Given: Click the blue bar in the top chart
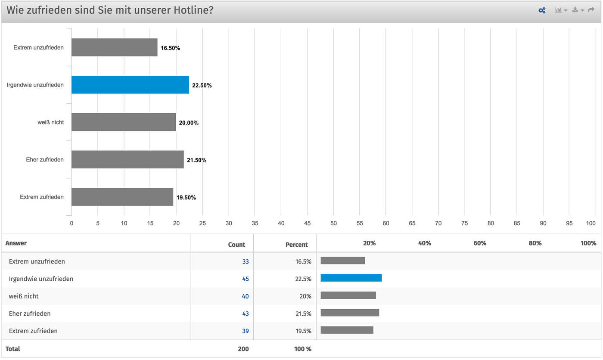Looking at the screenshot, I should coord(130,85).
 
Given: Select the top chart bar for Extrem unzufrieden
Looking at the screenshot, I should coord(114,47).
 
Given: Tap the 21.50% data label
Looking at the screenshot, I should coord(196,160).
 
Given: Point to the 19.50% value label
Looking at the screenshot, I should coord(186,198).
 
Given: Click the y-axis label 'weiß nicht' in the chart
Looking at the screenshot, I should coord(50,122).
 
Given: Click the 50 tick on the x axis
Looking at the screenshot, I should coord(333,223).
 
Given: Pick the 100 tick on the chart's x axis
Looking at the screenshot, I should coord(591,223).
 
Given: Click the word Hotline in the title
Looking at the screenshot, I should coord(190,10).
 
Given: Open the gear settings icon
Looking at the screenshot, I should coord(542,10).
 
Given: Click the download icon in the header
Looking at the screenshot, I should coord(575,10).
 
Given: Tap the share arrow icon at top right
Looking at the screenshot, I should coord(591,10).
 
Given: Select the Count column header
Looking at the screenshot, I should coord(236,245).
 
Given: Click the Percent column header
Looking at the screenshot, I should coord(297,245).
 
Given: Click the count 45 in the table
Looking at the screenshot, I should coord(245,279).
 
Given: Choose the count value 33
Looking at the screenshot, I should coord(245,261).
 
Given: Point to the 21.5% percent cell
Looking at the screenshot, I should coord(303,314).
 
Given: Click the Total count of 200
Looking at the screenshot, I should coord(243,349).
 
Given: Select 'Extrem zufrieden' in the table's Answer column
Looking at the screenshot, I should coord(33,331).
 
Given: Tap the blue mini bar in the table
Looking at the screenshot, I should coord(351,278).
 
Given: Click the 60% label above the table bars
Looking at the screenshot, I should coord(479,243).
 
